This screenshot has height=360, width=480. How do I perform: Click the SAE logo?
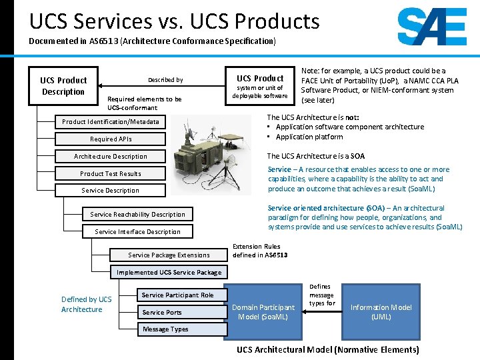431,27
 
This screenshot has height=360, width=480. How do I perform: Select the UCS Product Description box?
63,86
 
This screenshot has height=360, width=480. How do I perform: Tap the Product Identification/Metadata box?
111,122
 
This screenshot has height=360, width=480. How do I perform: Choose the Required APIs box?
111,139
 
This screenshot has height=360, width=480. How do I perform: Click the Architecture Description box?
111,157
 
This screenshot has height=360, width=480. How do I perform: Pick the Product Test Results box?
111,174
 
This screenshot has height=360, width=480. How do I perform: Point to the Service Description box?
111,191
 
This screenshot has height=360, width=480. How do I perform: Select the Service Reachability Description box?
137,215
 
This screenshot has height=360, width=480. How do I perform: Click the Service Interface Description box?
137,232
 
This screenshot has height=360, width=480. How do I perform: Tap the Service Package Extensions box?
169,255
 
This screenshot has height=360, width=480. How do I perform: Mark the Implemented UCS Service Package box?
169,273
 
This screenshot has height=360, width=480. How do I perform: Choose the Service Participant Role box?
177,295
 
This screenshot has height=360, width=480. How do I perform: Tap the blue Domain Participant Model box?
263,312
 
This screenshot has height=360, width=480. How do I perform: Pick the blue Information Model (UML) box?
381,312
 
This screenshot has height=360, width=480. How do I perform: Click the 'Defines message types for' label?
321,295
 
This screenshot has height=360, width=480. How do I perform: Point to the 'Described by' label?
165,80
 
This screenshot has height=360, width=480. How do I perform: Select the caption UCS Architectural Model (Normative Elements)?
327,350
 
